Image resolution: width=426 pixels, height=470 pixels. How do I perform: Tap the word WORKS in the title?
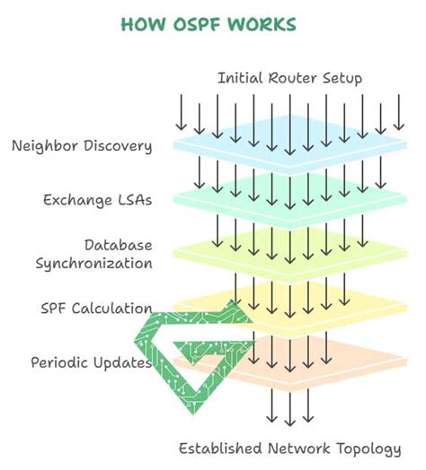pos(262,24)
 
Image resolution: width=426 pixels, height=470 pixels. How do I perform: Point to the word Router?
pos(292,78)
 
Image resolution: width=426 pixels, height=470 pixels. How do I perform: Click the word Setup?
pos(342,79)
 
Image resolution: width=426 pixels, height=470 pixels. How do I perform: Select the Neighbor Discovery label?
pos(82,146)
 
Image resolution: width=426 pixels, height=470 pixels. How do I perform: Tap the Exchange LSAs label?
pos(98,201)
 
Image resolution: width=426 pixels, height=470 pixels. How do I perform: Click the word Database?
pos(118,245)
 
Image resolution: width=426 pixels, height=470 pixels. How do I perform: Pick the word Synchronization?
pos(94,264)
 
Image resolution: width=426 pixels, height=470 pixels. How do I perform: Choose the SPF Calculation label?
pos(96,309)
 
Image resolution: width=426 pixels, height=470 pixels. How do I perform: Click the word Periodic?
pos(59,362)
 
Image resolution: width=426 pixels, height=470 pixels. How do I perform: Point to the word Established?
pos(220,448)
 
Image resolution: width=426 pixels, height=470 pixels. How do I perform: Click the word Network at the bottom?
pos(298,448)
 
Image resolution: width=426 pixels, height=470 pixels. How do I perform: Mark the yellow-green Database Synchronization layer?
pos(290,254)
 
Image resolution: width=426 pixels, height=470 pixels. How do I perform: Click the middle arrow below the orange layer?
pos(290,409)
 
